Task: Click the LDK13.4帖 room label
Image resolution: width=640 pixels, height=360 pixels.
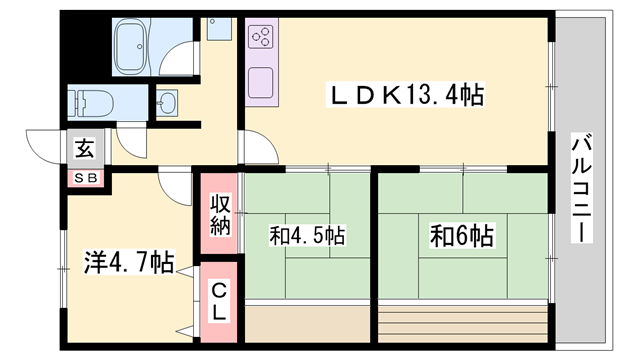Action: point(407,95)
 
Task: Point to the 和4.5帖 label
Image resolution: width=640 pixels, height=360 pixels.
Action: point(307,237)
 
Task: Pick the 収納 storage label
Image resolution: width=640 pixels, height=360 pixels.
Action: point(220,212)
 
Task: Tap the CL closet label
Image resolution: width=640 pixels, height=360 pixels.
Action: point(219,301)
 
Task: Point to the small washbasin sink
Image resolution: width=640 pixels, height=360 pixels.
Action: point(167,101)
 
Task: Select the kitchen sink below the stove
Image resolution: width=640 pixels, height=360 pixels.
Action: point(263,81)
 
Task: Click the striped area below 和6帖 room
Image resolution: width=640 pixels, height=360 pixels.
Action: point(463,321)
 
